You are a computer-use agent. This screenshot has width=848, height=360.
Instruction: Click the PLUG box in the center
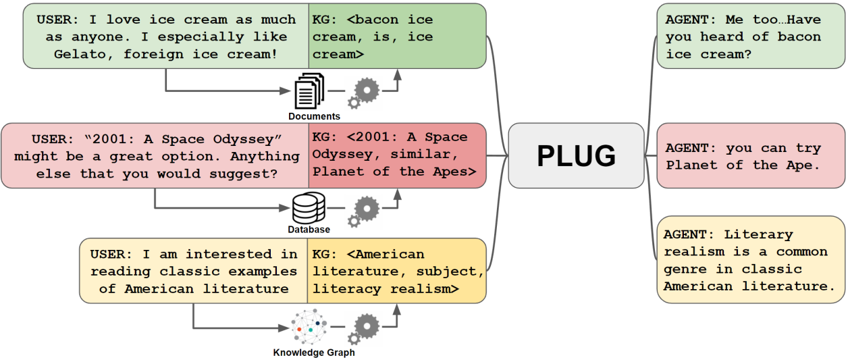click(576, 156)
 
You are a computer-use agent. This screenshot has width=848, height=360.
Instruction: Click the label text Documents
click(314, 117)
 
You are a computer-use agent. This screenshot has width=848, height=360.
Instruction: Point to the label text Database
click(309, 230)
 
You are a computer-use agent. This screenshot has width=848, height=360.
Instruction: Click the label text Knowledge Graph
click(313, 353)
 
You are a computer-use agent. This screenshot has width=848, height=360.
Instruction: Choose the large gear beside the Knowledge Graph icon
click(367, 326)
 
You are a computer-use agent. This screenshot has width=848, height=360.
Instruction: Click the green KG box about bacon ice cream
click(397, 36)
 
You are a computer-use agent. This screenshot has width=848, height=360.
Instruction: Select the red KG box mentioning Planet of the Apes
click(397, 155)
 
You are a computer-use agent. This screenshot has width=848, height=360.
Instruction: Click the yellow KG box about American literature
click(397, 271)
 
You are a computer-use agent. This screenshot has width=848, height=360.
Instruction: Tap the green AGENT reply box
click(750, 36)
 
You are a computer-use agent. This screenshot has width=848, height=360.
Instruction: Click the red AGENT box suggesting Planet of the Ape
click(750, 156)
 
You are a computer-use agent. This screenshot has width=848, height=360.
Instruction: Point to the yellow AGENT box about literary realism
click(750, 260)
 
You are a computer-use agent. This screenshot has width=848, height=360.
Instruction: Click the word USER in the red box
click(47, 138)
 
